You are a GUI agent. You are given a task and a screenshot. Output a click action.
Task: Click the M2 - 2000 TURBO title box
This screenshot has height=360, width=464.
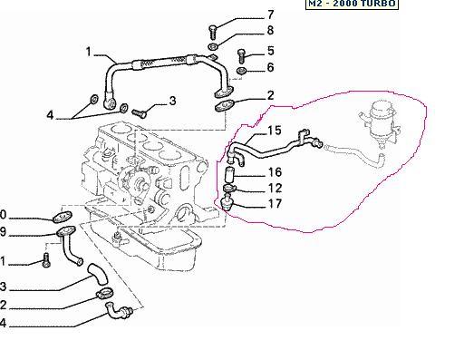click(352, 4)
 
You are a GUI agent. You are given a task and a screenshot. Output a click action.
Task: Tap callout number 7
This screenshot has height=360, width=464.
click(271, 15)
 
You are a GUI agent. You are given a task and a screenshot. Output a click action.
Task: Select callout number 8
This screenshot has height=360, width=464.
click(271, 30)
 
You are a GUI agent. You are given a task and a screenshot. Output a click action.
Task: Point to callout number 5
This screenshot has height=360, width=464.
click(271, 51)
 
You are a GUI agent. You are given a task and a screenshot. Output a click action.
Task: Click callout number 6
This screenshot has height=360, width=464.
click(271, 67)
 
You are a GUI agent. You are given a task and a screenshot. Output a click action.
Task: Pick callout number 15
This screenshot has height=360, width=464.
click(275, 131)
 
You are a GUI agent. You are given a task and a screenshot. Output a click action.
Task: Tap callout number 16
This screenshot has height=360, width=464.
click(275, 172)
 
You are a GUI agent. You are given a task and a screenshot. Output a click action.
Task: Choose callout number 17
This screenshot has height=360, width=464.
click(275, 204)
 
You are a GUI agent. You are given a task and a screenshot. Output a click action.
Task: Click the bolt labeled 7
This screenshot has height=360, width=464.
click(212, 33)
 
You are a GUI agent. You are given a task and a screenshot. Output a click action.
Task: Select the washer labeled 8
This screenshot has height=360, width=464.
click(213, 47)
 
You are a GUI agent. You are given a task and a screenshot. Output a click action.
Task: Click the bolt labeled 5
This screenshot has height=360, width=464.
click(242, 56)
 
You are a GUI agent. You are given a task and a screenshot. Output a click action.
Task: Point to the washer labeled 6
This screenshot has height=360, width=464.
click(242, 71)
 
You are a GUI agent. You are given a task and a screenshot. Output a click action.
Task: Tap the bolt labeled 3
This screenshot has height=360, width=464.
click(140, 113)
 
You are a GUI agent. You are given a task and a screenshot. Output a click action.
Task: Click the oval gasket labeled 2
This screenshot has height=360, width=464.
click(224, 105)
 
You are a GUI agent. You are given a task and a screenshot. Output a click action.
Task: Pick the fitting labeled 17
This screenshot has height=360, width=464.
click(227, 203)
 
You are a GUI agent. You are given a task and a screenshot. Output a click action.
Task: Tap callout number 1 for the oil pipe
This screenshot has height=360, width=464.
click(88, 52)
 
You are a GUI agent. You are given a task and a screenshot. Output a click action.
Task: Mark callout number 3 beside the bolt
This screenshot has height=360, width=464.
click(172, 101)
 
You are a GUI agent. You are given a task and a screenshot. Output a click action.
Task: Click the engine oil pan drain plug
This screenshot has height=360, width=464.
click(118, 238)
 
